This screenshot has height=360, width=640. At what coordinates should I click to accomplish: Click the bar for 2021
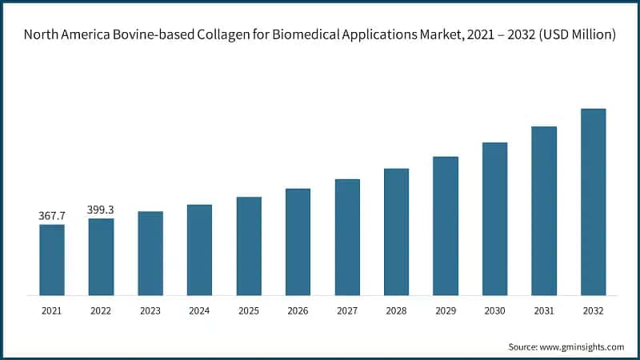52,259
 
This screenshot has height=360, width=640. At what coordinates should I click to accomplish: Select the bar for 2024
199,250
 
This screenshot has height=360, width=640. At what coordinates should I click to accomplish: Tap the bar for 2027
347,237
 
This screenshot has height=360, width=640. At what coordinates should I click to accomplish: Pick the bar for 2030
494,218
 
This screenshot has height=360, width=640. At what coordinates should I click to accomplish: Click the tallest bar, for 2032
593,202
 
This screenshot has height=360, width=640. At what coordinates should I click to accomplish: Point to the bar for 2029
446,226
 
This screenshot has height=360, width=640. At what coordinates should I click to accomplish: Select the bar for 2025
249,246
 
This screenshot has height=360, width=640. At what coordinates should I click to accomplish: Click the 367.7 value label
52,216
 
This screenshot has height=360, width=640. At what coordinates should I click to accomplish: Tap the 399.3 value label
101,210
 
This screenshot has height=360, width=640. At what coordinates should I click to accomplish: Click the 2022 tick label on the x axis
101,310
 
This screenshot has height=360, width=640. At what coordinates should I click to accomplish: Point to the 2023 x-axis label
150,310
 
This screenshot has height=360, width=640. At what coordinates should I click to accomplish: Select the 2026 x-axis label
298,310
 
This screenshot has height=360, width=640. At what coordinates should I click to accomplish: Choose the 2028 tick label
396,310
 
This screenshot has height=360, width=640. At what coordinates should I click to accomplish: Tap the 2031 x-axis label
543,310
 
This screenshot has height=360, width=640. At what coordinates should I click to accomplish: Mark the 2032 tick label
593,310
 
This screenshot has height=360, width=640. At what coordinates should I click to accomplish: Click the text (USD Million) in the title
570,35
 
